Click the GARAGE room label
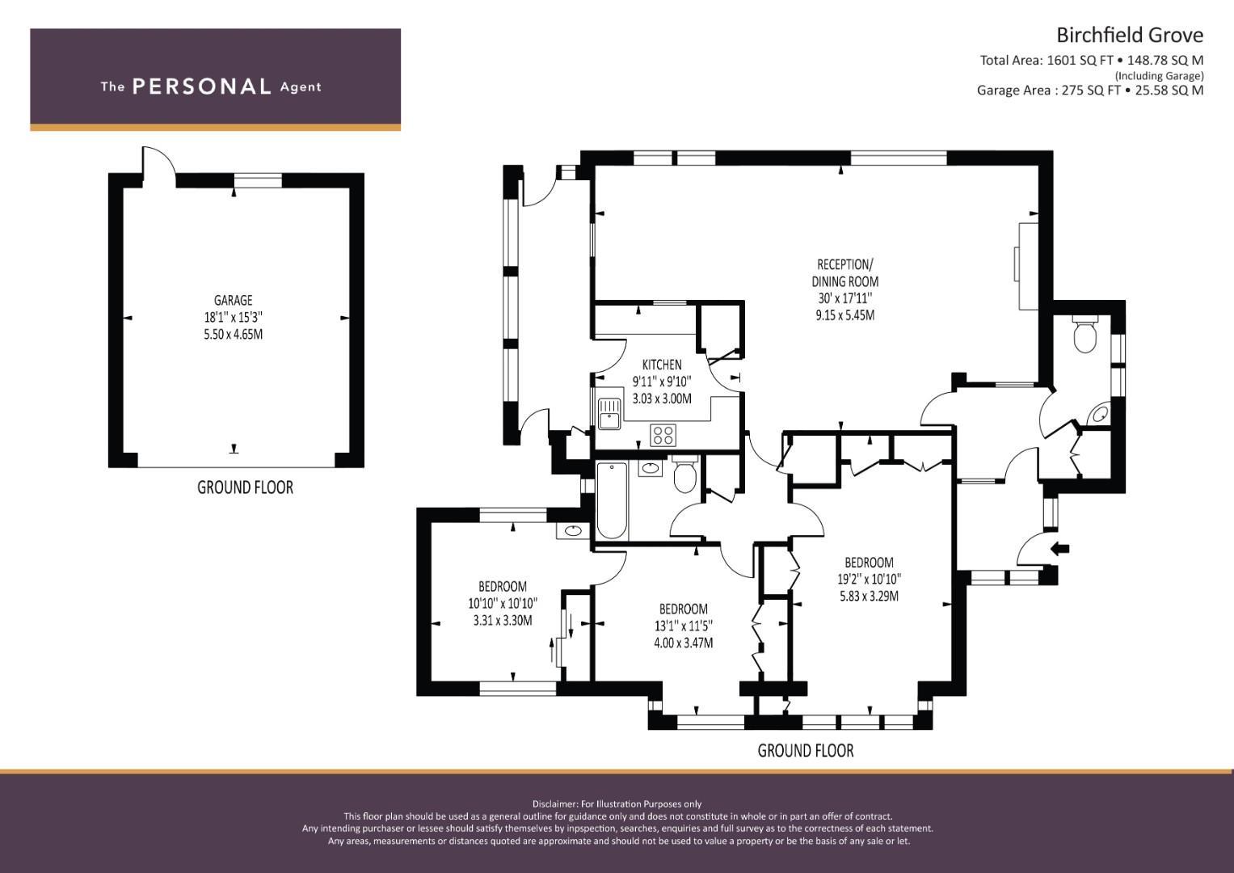tap(233, 301)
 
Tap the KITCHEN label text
tap(662, 365)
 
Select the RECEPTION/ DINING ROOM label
tap(845, 273)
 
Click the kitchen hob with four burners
tap(663, 435)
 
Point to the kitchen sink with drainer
tap(609, 413)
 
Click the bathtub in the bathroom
tap(612, 500)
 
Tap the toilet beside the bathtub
tap(685, 474)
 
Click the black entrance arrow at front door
tap(1060, 548)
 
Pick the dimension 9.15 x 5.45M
tap(845, 316)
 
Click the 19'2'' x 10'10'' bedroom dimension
tap(869, 580)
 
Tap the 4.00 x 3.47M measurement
tap(683, 643)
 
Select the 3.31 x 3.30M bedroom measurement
tap(503, 621)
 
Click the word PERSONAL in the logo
tap(202, 86)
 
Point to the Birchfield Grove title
tap(1129, 36)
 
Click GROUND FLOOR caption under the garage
tap(245, 487)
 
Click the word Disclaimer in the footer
tap(554, 804)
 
